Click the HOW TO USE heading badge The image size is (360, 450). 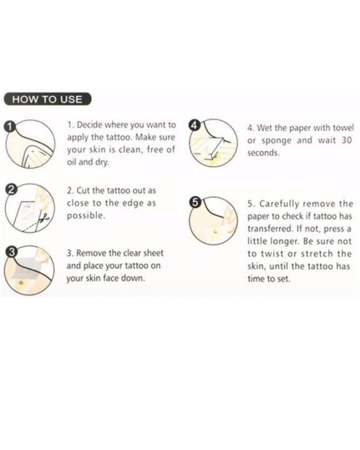(47, 99)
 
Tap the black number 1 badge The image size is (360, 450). (10, 126)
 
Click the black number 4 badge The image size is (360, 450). (194, 126)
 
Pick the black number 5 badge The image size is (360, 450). (195, 202)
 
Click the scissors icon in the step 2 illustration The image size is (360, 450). (45, 217)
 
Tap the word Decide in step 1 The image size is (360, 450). (89, 125)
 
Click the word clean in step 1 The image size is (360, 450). (131, 149)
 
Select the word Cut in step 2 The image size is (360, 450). (83, 191)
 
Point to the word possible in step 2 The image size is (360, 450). (86, 216)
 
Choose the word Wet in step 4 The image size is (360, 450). (264, 127)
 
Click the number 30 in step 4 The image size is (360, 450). (346, 141)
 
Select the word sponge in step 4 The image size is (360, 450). (276, 141)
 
